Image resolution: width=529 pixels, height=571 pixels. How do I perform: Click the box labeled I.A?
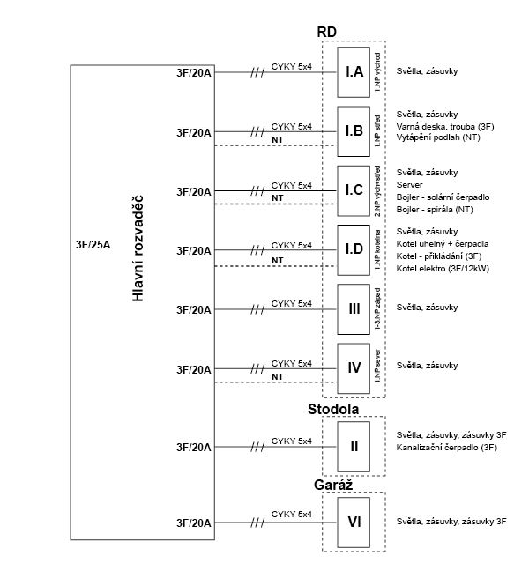pos(354,72)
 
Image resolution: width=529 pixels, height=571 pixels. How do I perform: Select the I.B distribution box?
pos(354,131)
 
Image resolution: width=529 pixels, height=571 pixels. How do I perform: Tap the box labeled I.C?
pos(354,191)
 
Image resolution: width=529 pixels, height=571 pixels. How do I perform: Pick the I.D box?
pos(354,250)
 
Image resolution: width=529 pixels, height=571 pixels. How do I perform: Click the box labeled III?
pos(354,309)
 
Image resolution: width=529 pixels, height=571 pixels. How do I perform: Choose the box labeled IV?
pos(354,368)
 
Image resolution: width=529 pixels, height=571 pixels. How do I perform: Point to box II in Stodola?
pos(354,447)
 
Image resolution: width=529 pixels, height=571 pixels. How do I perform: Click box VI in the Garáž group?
pos(354,523)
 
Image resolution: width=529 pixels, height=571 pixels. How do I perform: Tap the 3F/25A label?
pos(93,245)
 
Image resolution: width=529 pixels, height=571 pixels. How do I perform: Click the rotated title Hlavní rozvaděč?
pos(138,248)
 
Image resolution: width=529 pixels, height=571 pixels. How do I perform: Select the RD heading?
pos(327,32)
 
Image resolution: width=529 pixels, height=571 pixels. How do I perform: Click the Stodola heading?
pos(333,409)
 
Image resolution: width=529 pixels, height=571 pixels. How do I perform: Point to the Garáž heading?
pos(333,485)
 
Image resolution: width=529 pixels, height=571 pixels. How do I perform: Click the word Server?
pos(409,185)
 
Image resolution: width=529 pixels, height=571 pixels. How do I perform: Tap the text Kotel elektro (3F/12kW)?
pos(443,269)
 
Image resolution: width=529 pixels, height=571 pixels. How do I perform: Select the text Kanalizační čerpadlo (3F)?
pos(447,447)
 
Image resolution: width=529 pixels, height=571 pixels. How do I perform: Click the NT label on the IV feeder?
pos(278,377)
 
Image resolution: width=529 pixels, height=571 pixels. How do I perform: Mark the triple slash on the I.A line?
pos(257,73)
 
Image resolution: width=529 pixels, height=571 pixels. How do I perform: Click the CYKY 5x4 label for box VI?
pos(292,515)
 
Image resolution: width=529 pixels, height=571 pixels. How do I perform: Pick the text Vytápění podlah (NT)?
pos(438,137)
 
